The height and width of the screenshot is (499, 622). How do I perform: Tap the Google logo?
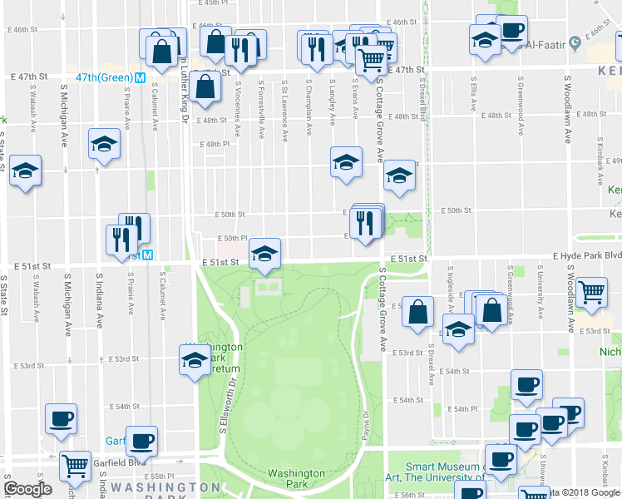click(x=28, y=489)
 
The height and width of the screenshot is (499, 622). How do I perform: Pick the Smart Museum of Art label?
click(x=445, y=472)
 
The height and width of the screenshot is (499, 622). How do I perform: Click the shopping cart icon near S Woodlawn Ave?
click(x=592, y=292)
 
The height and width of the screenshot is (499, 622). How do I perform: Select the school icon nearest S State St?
click(x=26, y=171)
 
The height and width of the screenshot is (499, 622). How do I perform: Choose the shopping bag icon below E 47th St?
click(x=205, y=85)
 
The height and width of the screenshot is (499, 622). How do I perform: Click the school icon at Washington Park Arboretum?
click(x=195, y=360)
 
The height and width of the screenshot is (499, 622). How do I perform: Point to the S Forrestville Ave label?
click(x=261, y=108)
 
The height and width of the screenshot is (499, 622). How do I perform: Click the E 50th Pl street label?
click(x=232, y=239)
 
